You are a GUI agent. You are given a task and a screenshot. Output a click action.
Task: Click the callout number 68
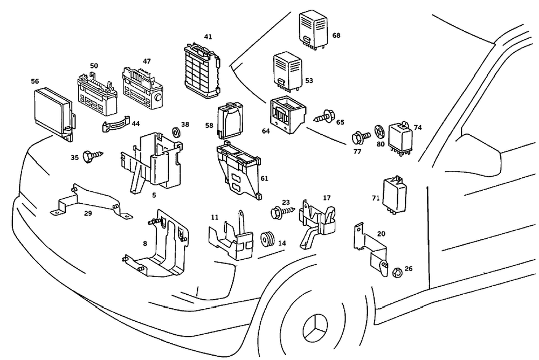pyautogui.click(x=337, y=36)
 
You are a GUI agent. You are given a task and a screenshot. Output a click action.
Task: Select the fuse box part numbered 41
pyautogui.click(x=203, y=67)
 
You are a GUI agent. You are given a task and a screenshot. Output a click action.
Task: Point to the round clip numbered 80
pyautogui.click(x=379, y=131)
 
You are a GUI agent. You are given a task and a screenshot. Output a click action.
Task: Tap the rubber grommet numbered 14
pyautogui.click(x=267, y=239)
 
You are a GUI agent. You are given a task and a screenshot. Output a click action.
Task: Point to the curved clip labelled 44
pyautogui.click(x=115, y=125)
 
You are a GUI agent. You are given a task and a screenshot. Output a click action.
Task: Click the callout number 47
pyautogui.click(x=147, y=61)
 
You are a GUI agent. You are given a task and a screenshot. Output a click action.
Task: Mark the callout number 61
pyautogui.click(x=264, y=178)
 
